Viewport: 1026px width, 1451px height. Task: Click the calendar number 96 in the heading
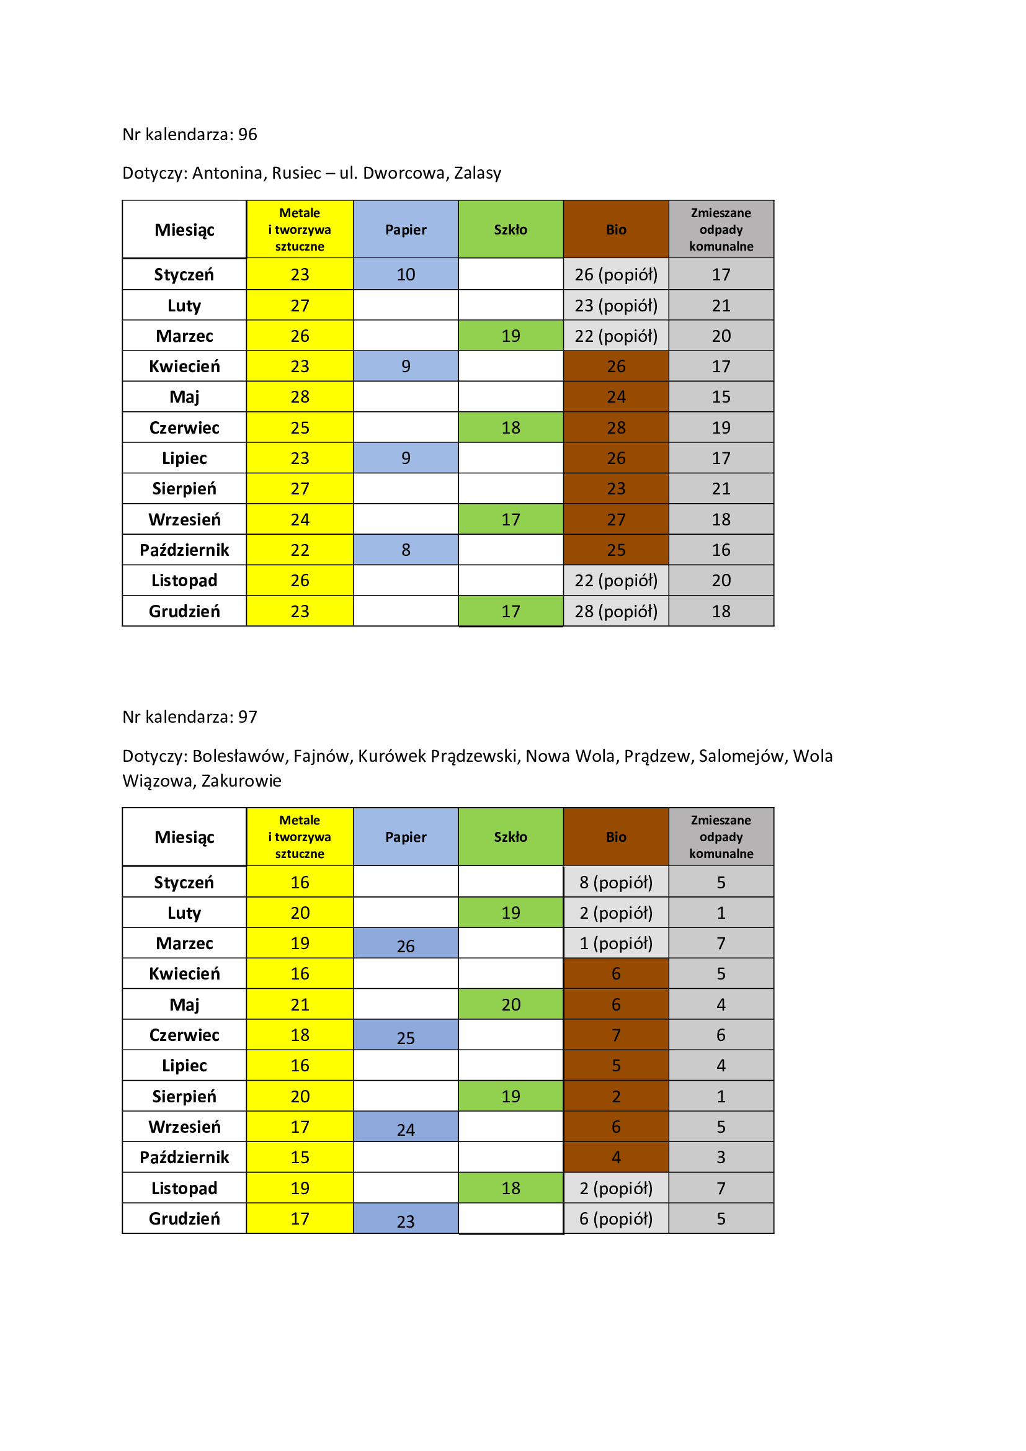pos(248,135)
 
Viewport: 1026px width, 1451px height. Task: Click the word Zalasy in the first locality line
pos(477,173)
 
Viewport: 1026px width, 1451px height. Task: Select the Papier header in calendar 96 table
pos(406,230)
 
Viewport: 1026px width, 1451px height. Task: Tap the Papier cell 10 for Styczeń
pos(406,274)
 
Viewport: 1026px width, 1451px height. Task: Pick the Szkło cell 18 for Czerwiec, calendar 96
pos(511,428)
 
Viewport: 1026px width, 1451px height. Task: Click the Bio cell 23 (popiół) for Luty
pos(616,306)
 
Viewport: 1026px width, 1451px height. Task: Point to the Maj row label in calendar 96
pos(184,397)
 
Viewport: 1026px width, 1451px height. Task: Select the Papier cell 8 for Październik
pos(406,550)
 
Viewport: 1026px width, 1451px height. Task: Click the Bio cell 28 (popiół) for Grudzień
pos(616,611)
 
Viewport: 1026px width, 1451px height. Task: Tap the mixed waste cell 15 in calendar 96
pos(721,397)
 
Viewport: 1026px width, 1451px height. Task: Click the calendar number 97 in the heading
pos(248,717)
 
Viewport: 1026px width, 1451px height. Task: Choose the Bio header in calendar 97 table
pos(616,837)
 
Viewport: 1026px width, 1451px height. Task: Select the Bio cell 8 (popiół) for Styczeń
pos(616,882)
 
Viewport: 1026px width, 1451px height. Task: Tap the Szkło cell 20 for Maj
pos(511,1004)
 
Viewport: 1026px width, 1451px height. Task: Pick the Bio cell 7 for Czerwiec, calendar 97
pos(616,1035)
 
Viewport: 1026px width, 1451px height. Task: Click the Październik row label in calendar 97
pos(184,1157)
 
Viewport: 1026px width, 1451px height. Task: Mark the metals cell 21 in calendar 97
pos(300,1004)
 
